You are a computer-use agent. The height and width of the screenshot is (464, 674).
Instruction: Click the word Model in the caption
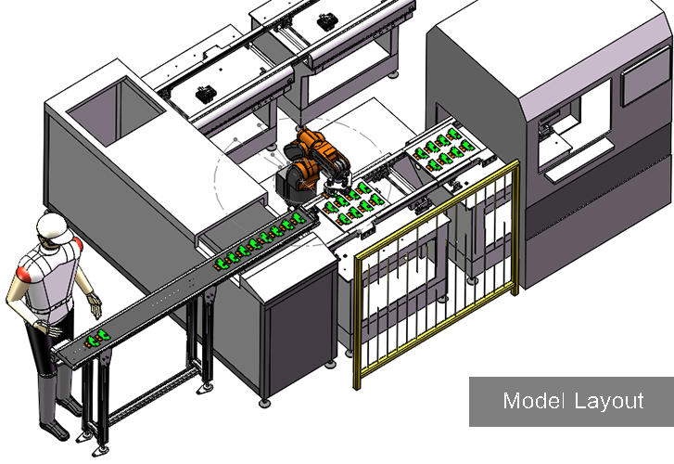point(533,401)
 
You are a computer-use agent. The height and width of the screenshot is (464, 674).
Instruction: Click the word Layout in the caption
point(609,402)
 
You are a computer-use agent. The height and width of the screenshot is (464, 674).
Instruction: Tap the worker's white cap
point(54,226)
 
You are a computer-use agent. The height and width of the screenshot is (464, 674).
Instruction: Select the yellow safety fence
point(437,271)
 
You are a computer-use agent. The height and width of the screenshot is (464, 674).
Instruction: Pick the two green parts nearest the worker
point(97,339)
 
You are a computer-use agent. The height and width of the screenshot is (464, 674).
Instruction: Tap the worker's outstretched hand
point(95,304)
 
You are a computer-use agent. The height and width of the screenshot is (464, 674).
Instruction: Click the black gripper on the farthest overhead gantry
point(327,21)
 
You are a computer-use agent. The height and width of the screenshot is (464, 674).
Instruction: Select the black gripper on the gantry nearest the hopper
point(206,94)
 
